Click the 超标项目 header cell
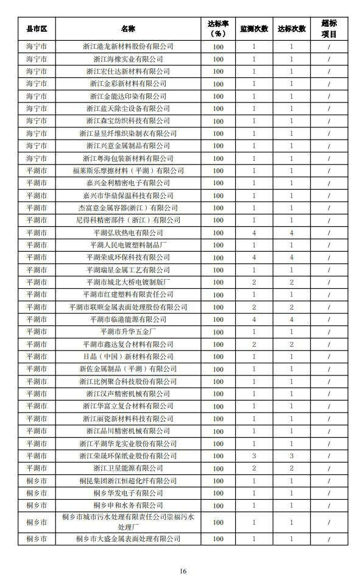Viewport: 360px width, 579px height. tap(328, 29)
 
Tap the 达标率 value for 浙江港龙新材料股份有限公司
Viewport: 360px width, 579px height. tap(218, 46)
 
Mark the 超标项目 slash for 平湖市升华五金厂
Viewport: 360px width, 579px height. tap(328, 332)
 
